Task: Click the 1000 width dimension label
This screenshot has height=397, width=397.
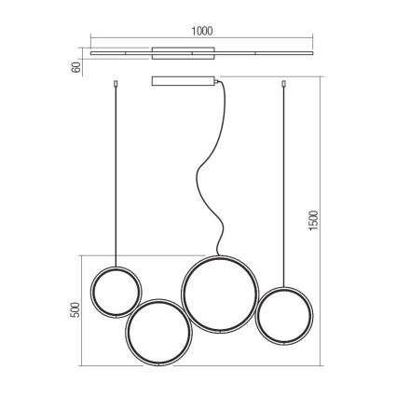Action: pyautogui.click(x=202, y=31)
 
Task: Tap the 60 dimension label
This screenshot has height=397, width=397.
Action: pyautogui.click(x=76, y=67)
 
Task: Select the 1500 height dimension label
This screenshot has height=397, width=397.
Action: pyautogui.click(x=314, y=220)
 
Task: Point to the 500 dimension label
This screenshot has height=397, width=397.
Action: pyautogui.click(x=75, y=309)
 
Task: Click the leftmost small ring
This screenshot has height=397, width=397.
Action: pyautogui.click(x=90, y=292)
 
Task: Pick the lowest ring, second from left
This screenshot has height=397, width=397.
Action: pyautogui.click(x=126, y=333)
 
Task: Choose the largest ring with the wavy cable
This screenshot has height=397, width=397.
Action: pyautogui.click(x=182, y=294)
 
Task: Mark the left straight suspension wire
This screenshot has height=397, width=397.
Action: pyautogui.click(x=116, y=176)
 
